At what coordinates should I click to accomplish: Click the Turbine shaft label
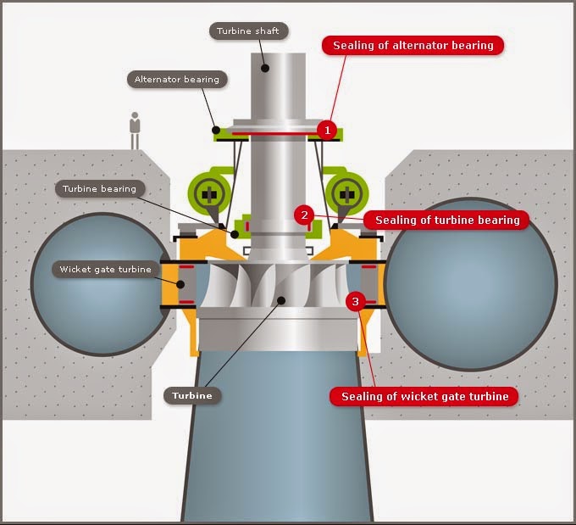coord(249,31)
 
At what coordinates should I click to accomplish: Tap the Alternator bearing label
coord(177,80)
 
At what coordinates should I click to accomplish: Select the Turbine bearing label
coord(100,189)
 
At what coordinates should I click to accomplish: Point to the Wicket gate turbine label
coord(105,270)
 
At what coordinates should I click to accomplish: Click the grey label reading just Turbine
coord(192,395)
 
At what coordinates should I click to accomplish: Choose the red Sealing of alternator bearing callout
coord(413,46)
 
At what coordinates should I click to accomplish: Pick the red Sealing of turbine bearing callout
coord(447,220)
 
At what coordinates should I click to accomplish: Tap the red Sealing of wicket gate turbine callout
coord(424,396)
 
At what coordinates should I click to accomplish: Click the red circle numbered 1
coord(327,130)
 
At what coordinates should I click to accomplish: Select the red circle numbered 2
coord(304,215)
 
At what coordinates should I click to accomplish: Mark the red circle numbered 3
coord(355,302)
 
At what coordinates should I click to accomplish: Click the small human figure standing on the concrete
coord(135,131)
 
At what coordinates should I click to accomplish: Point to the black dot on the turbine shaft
coord(265,68)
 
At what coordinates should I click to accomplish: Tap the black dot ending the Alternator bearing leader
coord(216,130)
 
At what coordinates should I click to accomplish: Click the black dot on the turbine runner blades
coord(281,300)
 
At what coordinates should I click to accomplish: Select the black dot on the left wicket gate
coord(180,284)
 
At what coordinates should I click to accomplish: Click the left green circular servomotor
coord(209,193)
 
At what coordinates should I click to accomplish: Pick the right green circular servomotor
coord(346,193)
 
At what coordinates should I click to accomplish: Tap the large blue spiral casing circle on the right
coord(471,284)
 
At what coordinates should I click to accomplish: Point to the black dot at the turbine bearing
coord(235,233)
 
